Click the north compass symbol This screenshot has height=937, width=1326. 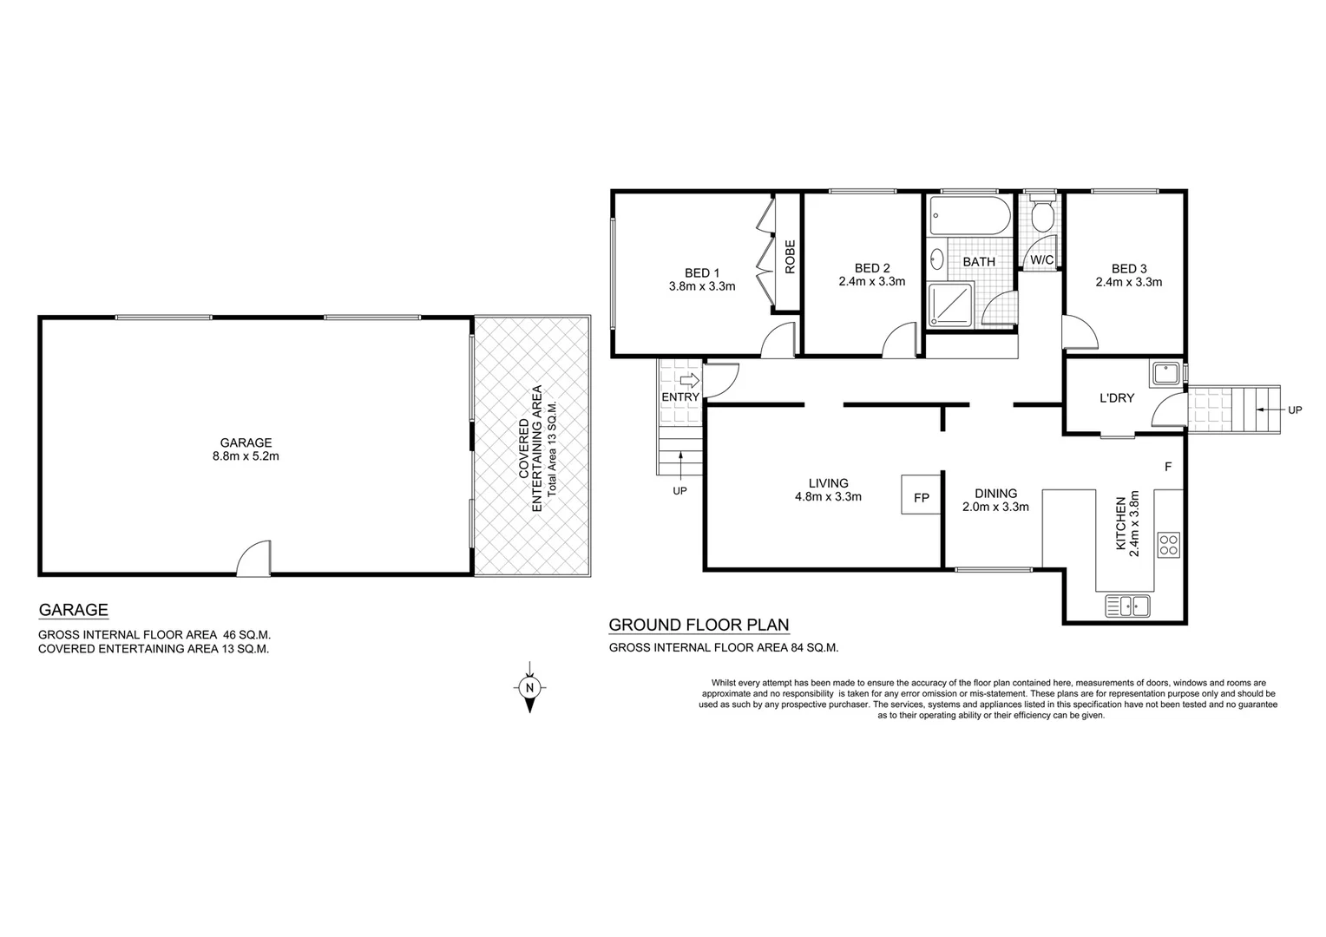coord(528,688)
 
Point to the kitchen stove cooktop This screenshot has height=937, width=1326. coord(1168,545)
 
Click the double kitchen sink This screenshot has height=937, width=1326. coord(1127,606)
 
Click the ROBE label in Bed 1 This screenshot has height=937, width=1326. coord(790,257)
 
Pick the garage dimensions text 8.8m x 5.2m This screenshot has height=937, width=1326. coord(246,455)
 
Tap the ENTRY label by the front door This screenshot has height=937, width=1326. coord(680,397)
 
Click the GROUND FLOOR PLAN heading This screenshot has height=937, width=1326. coord(699,625)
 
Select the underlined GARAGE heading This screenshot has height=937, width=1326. coord(73,610)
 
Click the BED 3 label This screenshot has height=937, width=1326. coord(1128,268)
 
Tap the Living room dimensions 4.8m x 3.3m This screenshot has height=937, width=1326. coord(828,497)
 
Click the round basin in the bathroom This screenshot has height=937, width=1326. coord(937,259)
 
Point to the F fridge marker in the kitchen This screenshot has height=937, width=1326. coord(1168,467)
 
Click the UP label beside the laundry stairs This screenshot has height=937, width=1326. coord(1294,410)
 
